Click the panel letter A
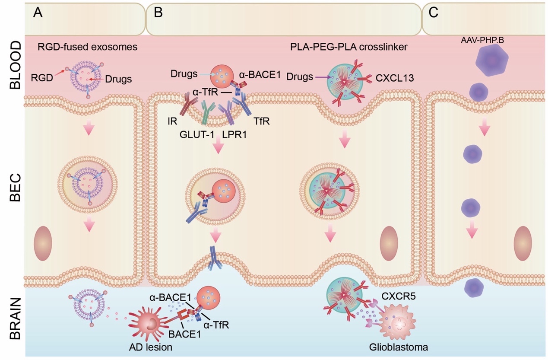tap(38, 13)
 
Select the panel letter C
tap(434, 13)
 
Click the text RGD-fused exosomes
tap(88, 46)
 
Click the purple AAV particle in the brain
tap(474, 287)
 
